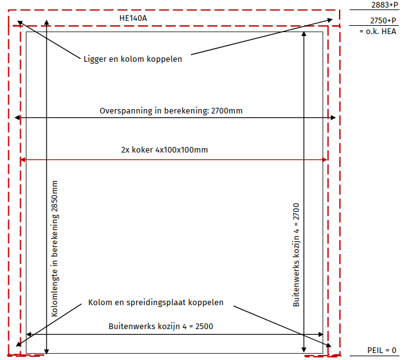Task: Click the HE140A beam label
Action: [133, 18]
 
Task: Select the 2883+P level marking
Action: [384, 5]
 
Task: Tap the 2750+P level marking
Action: [384, 21]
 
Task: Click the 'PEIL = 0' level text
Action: [382, 350]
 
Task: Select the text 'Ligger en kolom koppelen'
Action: [132, 59]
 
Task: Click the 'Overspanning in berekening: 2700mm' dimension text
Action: [171, 111]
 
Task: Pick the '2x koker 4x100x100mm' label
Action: [164, 150]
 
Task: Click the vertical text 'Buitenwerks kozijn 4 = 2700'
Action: [296, 255]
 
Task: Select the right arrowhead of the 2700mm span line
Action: [334, 118]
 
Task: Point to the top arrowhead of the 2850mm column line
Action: [47, 24]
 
